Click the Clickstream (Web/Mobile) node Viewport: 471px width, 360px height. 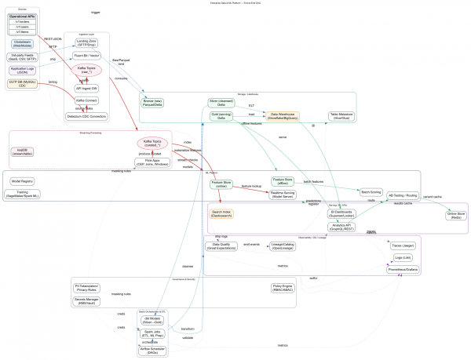[x=23, y=43]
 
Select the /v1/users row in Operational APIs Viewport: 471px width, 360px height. [x=23, y=26]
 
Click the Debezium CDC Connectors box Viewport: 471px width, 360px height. [x=86, y=116]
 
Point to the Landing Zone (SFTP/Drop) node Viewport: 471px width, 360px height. [x=86, y=42]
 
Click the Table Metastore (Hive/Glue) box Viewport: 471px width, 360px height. [x=344, y=115]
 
